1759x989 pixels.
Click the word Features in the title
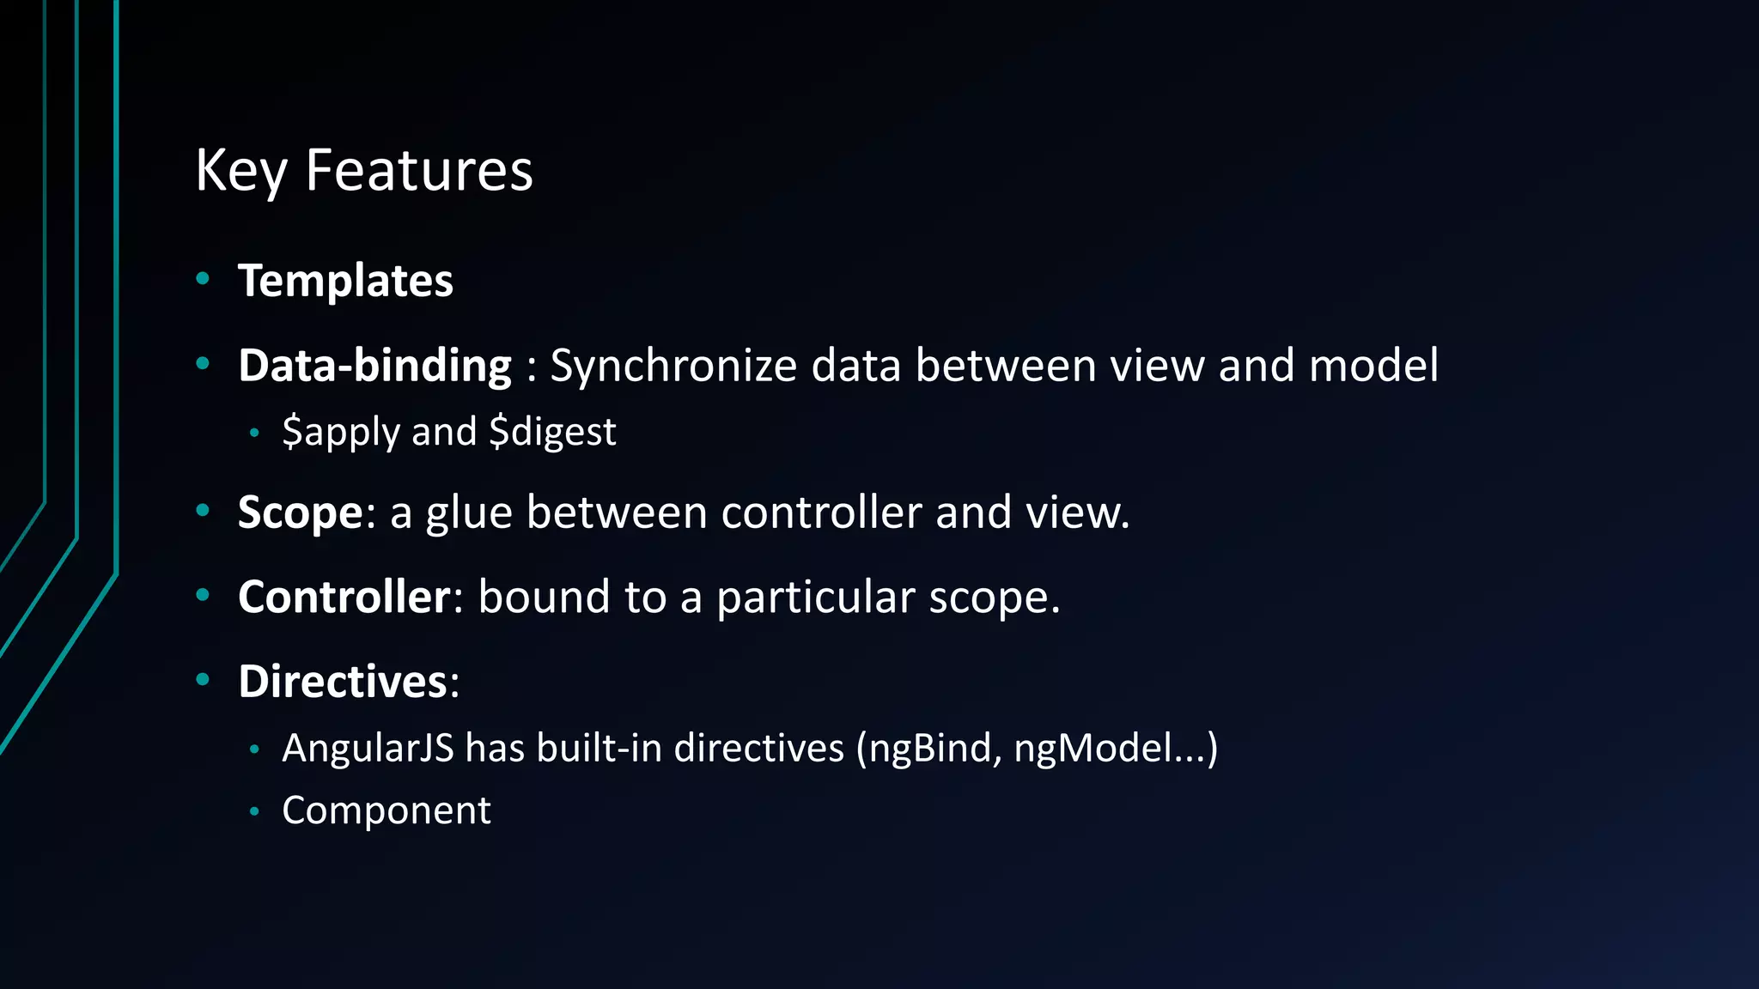[419, 171]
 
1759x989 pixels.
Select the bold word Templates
[345, 281]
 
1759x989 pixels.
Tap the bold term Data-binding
[374, 366]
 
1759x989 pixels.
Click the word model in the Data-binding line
[1373, 366]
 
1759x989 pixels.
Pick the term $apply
[341, 432]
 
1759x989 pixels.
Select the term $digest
[552, 432]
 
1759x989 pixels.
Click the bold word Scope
[301, 513]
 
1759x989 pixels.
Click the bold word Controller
[344, 597]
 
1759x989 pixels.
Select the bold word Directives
[343, 682]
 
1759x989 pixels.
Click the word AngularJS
[368, 749]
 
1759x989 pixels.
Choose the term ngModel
[1093, 749]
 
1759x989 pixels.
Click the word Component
[386, 810]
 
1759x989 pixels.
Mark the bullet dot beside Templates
[203, 278]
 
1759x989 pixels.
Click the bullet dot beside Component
[254, 810]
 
